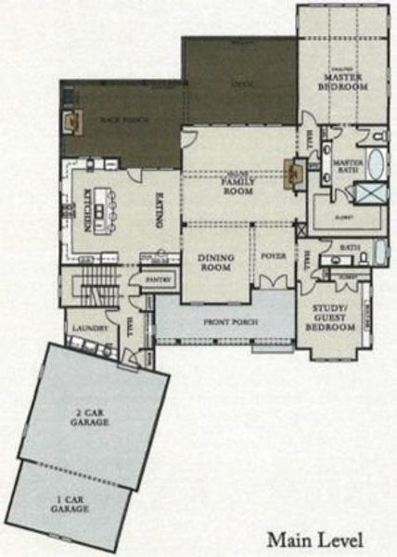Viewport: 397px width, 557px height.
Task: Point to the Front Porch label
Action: point(231,322)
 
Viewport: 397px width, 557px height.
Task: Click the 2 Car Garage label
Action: point(92,415)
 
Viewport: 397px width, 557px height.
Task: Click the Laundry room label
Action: point(81,328)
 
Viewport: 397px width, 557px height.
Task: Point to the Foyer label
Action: point(272,256)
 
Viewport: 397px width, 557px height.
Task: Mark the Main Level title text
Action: point(314,539)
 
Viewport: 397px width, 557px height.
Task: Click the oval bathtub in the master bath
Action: point(376,164)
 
